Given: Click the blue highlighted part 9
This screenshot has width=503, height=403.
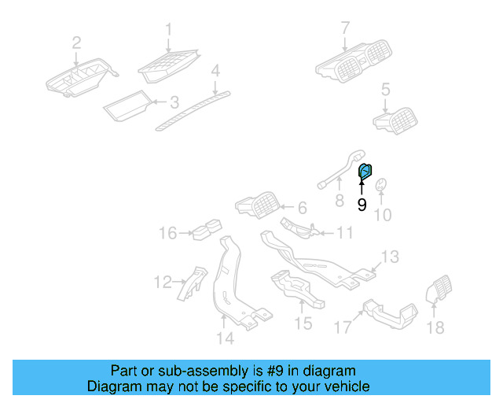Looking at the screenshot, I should tap(365, 171).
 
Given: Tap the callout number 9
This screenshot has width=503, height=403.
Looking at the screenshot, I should tap(362, 205).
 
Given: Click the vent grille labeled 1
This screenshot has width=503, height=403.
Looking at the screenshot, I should tap(168, 64).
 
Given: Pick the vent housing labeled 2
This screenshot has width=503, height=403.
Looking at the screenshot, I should tap(79, 79).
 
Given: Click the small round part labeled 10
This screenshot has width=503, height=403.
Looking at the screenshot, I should tap(381, 186).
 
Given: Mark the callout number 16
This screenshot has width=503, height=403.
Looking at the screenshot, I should tap(168, 233).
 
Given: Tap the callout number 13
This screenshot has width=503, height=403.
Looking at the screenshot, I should tap(391, 257).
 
